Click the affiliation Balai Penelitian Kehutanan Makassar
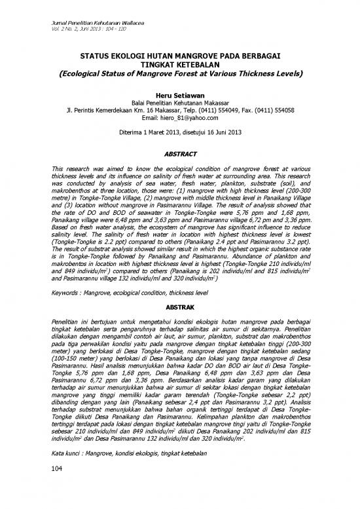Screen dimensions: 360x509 point(179,104)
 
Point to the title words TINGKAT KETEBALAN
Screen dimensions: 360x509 point(179,66)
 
